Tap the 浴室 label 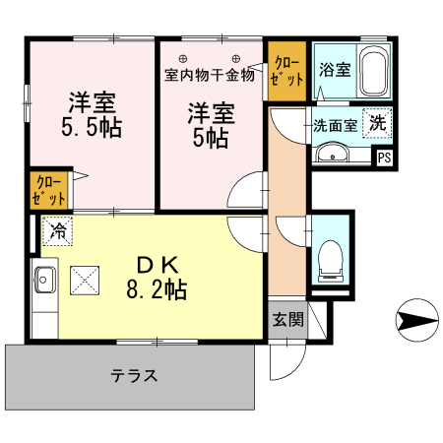[x=334, y=70]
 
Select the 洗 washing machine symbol [x=377, y=124]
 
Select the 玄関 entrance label [x=287, y=319]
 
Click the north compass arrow [x=414, y=319]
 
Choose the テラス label [x=134, y=375]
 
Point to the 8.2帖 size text [x=157, y=290]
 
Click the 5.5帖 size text [x=95, y=128]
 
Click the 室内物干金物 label [x=209, y=75]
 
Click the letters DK [x=157, y=265]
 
